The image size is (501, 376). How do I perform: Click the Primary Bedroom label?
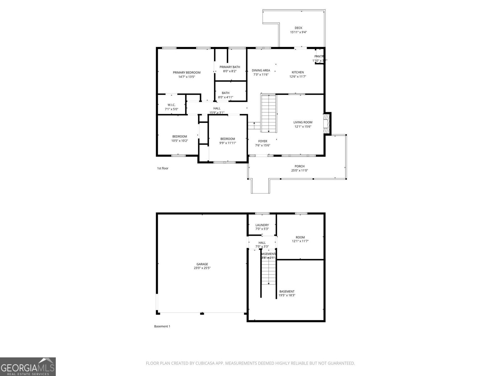(187, 72)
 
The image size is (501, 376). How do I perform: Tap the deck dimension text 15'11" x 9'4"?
(298, 32)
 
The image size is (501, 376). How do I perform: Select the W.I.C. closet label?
(171, 105)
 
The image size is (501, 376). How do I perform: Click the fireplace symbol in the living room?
(327, 123)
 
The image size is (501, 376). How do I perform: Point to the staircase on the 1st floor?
(269, 113)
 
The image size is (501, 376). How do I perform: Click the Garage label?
(202, 264)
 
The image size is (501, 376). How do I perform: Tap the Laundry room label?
(262, 225)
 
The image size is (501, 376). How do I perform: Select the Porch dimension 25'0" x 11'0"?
(299, 170)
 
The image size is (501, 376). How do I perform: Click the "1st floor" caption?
(163, 168)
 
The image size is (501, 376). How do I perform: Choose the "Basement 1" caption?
(162, 326)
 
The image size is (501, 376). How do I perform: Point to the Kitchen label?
(297, 72)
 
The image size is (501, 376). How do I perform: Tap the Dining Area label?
(261, 70)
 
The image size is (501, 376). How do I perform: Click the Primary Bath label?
(230, 67)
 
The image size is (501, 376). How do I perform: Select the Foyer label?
(262, 141)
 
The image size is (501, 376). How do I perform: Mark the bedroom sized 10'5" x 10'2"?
(179, 137)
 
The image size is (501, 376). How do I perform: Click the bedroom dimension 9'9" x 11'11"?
(227, 143)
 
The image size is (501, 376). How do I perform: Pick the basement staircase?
(268, 271)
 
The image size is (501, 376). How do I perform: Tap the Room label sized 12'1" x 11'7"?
(300, 237)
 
